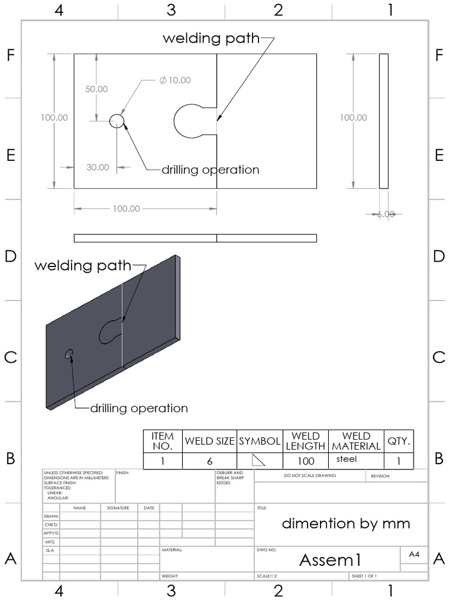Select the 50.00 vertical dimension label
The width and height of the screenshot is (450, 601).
click(x=97, y=89)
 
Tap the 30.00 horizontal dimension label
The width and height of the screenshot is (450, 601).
click(x=98, y=167)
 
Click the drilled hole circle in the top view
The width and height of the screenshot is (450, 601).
click(x=117, y=121)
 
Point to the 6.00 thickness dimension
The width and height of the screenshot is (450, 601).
click(x=385, y=214)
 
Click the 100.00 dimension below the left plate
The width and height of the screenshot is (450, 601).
click(x=126, y=208)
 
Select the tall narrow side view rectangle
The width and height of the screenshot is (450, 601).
click(x=384, y=121)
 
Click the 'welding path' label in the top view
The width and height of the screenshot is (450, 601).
click(x=210, y=39)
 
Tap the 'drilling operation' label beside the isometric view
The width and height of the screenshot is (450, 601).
click(x=139, y=408)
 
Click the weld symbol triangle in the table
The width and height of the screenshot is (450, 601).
click(x=258, y=460)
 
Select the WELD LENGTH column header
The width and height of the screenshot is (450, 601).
click(x=305, y=441)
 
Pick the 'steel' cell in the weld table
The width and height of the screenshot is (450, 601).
click(x=346, y=459)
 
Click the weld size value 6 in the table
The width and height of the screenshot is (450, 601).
click(x=209, y=461)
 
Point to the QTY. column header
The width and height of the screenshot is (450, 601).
click(x=399, y=441)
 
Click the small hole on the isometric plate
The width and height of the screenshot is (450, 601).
click(x=69, y=353)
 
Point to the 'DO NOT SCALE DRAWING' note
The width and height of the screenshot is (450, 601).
click(x=310, y=475)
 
